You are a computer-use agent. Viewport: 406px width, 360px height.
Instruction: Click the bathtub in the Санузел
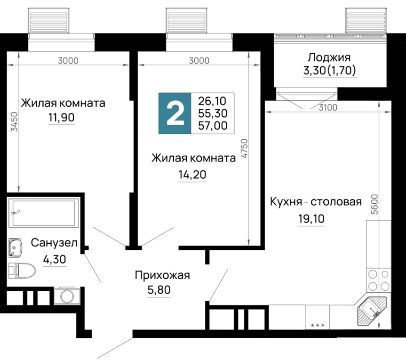pos(44,213)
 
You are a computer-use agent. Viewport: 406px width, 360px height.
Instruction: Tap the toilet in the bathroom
pos(22,271)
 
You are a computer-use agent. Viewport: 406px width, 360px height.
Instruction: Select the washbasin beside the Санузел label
pos(15,248)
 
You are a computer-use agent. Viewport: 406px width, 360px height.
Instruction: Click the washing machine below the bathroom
pos(66,295)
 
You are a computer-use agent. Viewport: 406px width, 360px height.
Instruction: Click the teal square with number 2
pos(175,113)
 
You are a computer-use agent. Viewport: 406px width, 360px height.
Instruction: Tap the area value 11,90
pos(61,118)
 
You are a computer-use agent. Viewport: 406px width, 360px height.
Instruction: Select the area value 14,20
pos(192,175)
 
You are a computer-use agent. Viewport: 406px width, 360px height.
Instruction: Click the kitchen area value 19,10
pos(311,219)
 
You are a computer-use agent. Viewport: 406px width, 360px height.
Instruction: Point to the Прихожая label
pos(162,275)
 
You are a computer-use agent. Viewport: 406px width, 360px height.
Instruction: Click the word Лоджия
pos(329,57)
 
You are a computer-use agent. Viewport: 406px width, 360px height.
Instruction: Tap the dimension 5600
pos(374,204)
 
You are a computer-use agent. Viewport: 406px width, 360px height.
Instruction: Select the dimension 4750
pos(244,149)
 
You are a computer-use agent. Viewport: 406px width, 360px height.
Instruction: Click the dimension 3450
pos(15,121)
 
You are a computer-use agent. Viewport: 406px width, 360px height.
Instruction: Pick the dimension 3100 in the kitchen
pos(328,107)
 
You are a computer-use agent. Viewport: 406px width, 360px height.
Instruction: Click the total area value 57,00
pos(213,126)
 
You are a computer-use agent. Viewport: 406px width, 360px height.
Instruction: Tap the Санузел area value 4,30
pos(55,259)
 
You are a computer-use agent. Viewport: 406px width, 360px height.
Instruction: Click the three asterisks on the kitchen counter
pos(318,325)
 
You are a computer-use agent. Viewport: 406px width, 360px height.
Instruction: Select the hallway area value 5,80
pos(159,290)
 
